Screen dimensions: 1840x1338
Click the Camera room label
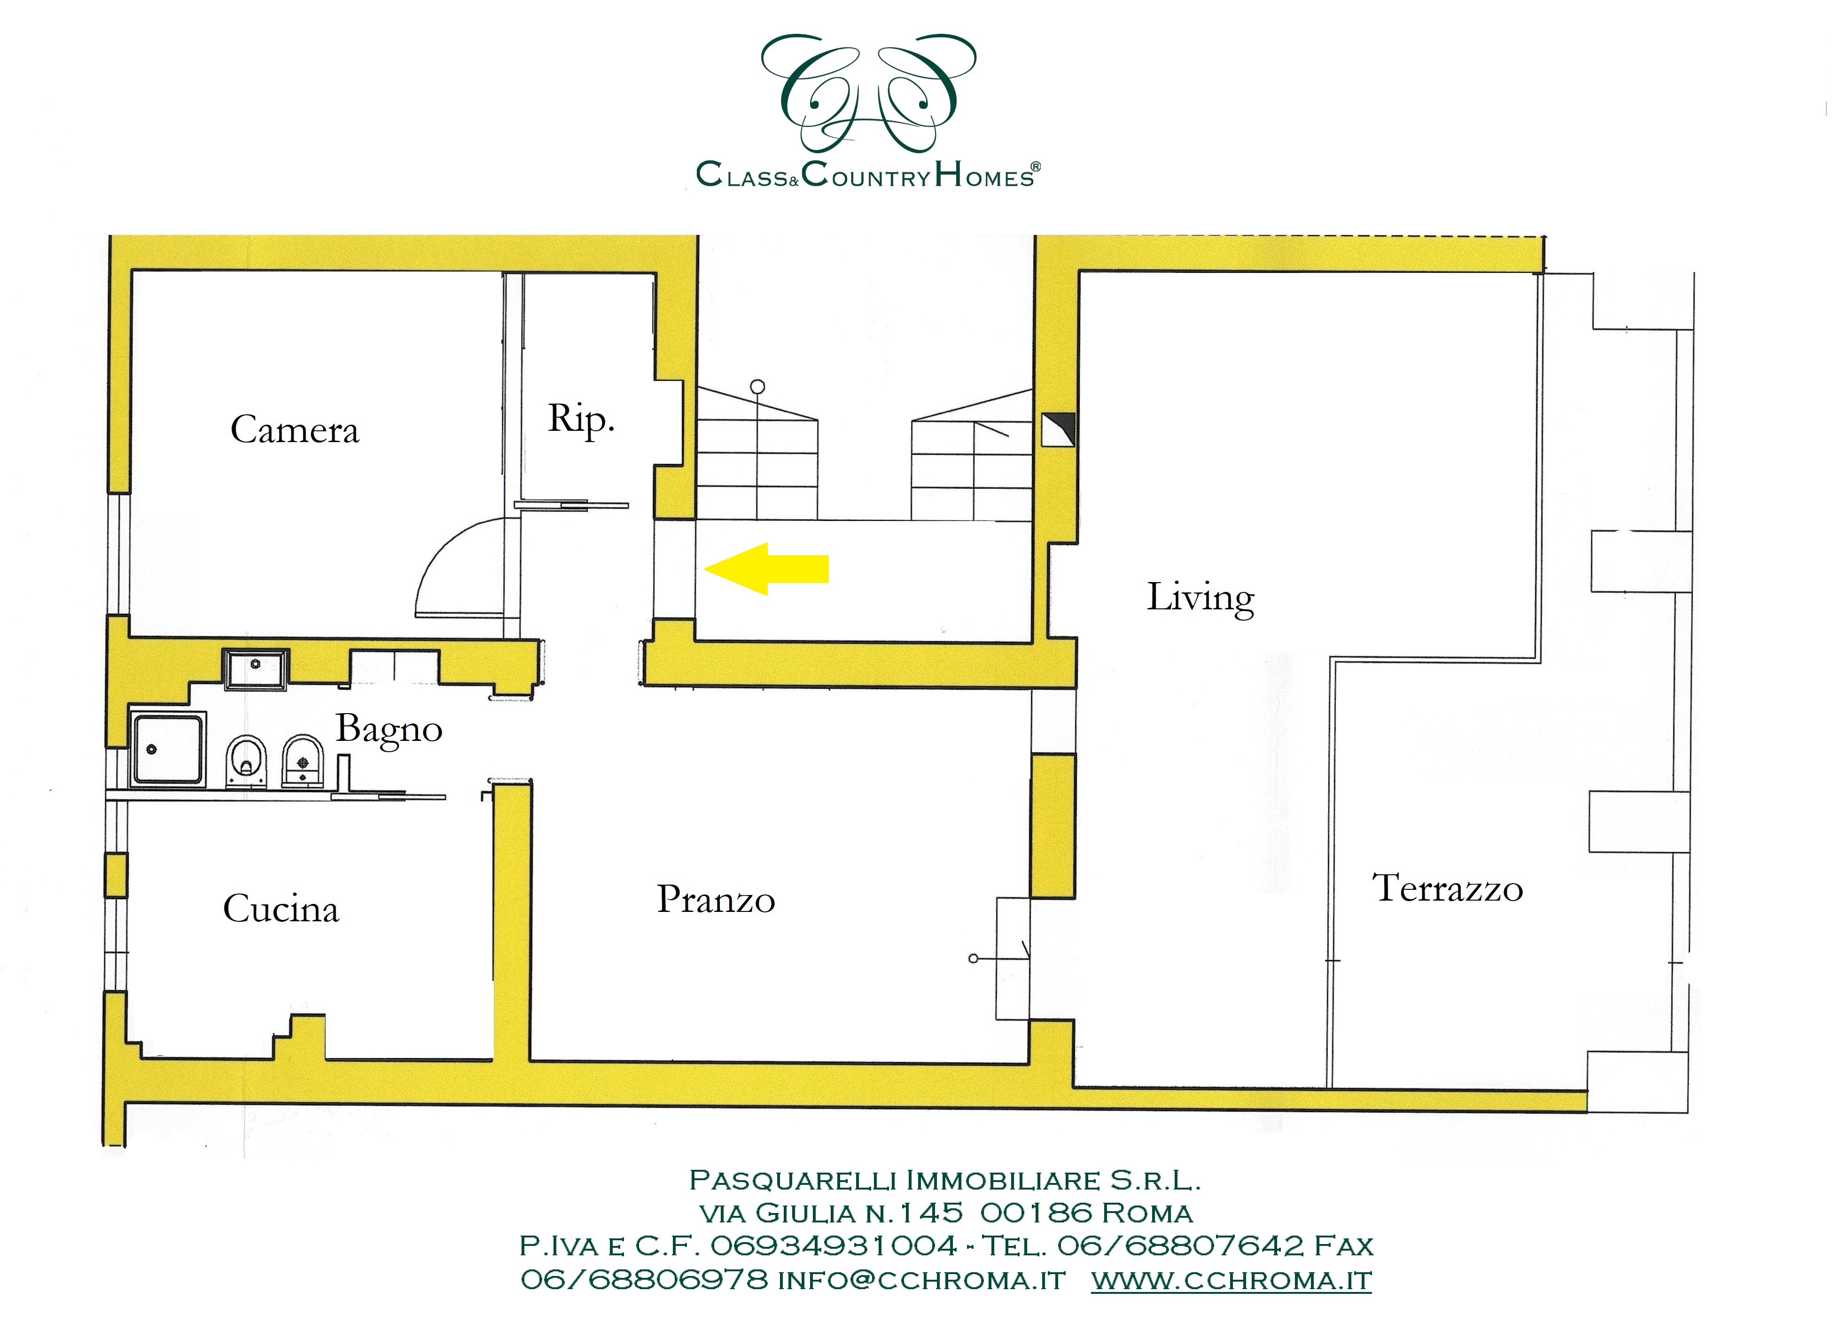(x=295, y=430)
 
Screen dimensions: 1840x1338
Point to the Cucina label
(x=281, y=909)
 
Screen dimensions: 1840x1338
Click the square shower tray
(x=168, y=749)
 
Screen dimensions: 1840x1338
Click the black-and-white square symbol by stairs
(x=1058, y=430)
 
